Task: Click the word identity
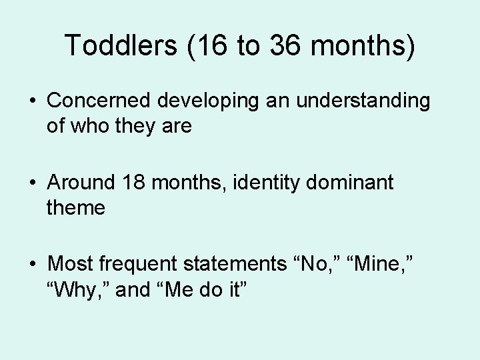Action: [x=258, y=183]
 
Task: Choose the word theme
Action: [x=76, y=208]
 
